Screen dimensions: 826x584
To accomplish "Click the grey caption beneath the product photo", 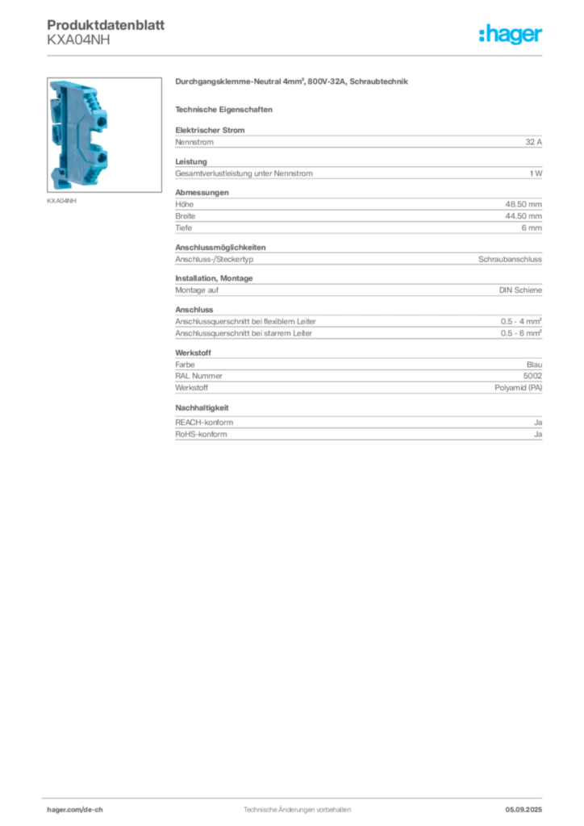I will pos(61,202).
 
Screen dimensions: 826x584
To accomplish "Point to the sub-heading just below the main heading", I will pos(226,108).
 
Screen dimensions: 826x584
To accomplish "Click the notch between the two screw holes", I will pos(103,140).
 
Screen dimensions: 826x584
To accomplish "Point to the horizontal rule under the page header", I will pos(297,55).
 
